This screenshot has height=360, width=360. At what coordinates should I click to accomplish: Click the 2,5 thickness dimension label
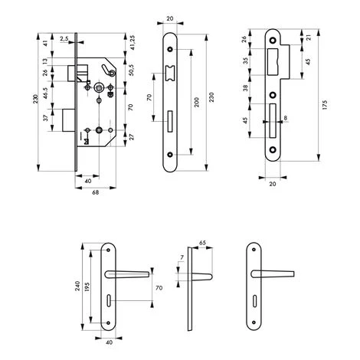click(64, 38)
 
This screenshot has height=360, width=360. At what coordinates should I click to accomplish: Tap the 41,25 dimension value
click(133, 42)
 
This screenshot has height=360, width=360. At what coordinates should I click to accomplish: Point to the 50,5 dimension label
click(132, 70)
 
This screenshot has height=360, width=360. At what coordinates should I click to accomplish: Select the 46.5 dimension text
click(45, 93)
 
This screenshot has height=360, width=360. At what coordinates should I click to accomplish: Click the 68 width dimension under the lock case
click(95, 192)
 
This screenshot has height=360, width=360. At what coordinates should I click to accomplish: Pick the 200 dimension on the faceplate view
click(197, 102)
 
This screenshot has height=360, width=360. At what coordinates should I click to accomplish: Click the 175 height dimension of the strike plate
click(325, 105)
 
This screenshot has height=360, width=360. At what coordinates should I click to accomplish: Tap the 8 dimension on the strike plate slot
click(286, 118)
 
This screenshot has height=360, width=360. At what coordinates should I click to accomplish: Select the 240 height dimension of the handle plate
click(77, 286)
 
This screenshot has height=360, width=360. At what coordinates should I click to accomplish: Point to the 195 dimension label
click(87, 287)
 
